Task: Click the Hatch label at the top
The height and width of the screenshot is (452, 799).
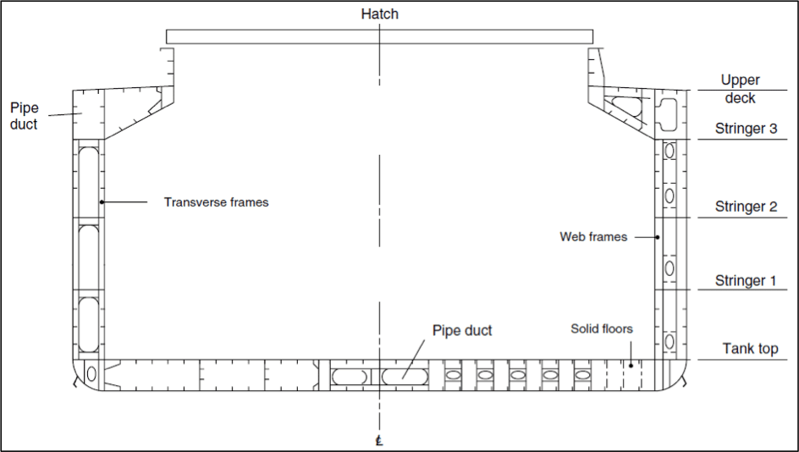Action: coord(379,14)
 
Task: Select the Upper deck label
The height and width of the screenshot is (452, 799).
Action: coord(740,89)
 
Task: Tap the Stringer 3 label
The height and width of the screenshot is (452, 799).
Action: coord(746,129)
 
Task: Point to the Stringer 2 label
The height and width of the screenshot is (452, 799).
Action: coord(746,206)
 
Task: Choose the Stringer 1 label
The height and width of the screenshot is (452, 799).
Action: coord(746,280)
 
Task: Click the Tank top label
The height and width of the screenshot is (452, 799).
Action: coord(750,349)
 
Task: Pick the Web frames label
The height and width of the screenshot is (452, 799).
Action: coord(593,237)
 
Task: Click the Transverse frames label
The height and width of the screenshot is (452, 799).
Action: coord(216,202)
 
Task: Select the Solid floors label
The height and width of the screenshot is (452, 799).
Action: coord(601,328)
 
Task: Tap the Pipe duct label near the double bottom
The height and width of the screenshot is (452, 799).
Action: coord(461,330)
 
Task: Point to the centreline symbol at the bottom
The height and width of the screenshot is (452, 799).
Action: coord(380,441)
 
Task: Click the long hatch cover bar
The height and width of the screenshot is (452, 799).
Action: coord(379,36)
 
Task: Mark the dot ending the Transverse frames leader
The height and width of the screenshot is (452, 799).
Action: coord(102,201)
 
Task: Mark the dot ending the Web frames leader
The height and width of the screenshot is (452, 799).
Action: coord(658,237)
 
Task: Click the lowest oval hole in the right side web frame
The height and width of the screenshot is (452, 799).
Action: coord(670,342)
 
